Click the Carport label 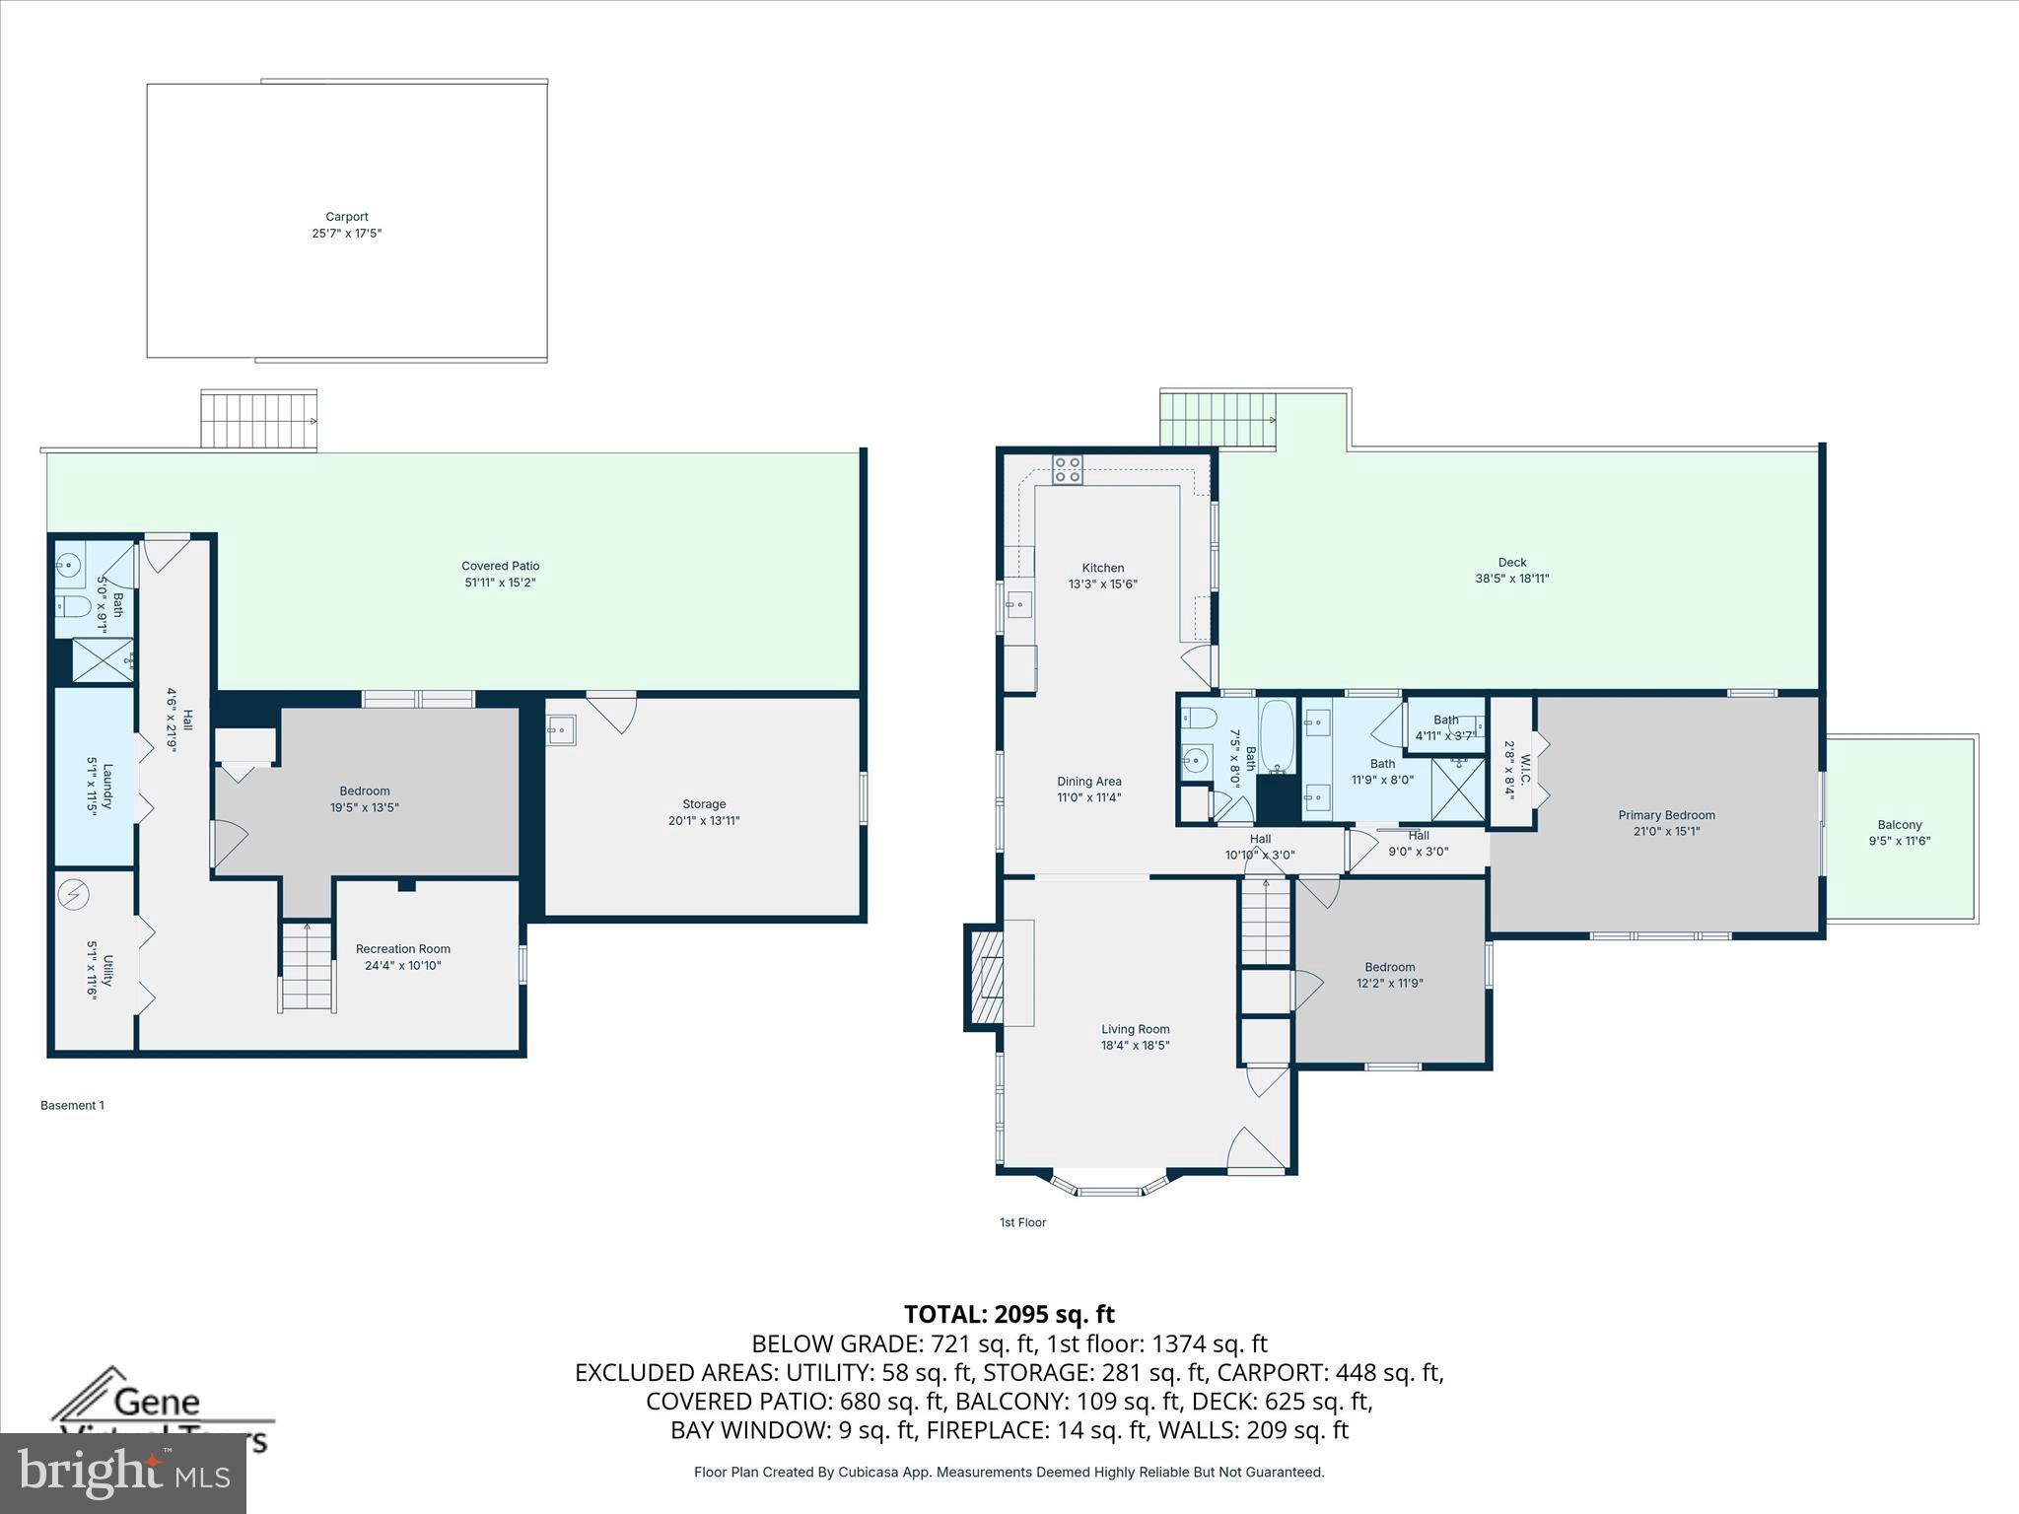(347, 217)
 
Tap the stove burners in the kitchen (1067, 469)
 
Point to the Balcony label (1899, 825)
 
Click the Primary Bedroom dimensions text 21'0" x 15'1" (1666, 832)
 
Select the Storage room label (703, 804)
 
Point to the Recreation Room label (402, 949)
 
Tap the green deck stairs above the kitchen (1218, 420)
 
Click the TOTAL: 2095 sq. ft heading (1009, 1314)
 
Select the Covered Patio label (500, 566)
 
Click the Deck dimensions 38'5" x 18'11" (1511, 580)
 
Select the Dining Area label (1088, 782)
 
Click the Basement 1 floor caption (72, 1105)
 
